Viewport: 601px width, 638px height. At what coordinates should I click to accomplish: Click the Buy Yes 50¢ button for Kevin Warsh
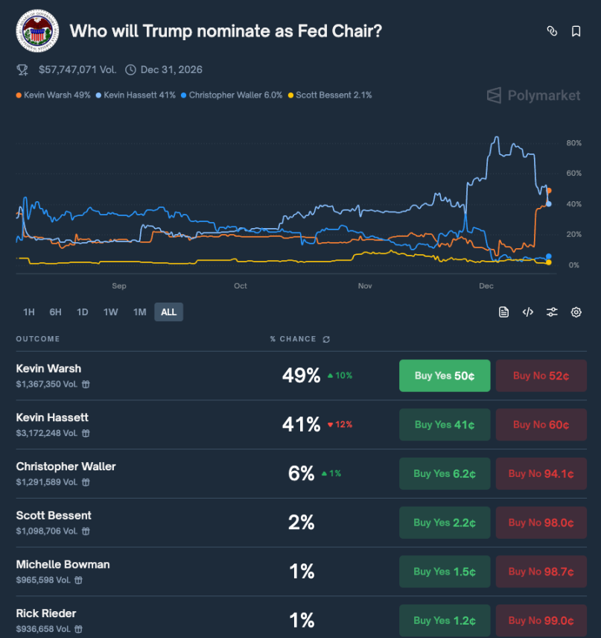(445, 376)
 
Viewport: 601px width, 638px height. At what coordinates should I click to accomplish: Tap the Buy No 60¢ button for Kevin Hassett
(541, 425)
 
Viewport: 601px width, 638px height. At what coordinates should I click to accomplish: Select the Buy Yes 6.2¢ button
(445, 474)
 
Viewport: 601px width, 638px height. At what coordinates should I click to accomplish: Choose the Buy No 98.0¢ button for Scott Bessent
(541, 522)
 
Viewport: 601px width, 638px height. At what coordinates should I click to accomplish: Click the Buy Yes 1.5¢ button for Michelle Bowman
(445, 572)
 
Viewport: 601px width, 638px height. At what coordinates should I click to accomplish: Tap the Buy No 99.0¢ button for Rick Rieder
(541, 620)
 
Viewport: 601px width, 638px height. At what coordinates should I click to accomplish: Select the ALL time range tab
(168, 312)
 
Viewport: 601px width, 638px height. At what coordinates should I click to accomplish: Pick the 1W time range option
(110, 312)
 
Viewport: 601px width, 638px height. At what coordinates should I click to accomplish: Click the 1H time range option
(29, 312)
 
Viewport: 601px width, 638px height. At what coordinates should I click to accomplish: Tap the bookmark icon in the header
(576, 31)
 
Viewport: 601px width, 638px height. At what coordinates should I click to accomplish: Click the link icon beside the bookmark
(552, 31)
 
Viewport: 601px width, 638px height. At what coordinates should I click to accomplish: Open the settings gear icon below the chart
(576, 312)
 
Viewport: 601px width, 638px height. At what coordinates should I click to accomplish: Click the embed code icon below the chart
(527, 312)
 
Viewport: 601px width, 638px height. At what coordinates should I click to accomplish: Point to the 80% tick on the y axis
(573, 143)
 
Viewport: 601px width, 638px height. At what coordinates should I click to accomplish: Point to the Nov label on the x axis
(365, 286)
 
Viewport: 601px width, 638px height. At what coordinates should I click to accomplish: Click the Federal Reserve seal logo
(36, 31)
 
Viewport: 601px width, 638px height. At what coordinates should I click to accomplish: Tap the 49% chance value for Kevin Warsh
(301, 376)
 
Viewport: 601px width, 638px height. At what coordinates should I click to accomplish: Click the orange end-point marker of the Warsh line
(549, 191)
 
